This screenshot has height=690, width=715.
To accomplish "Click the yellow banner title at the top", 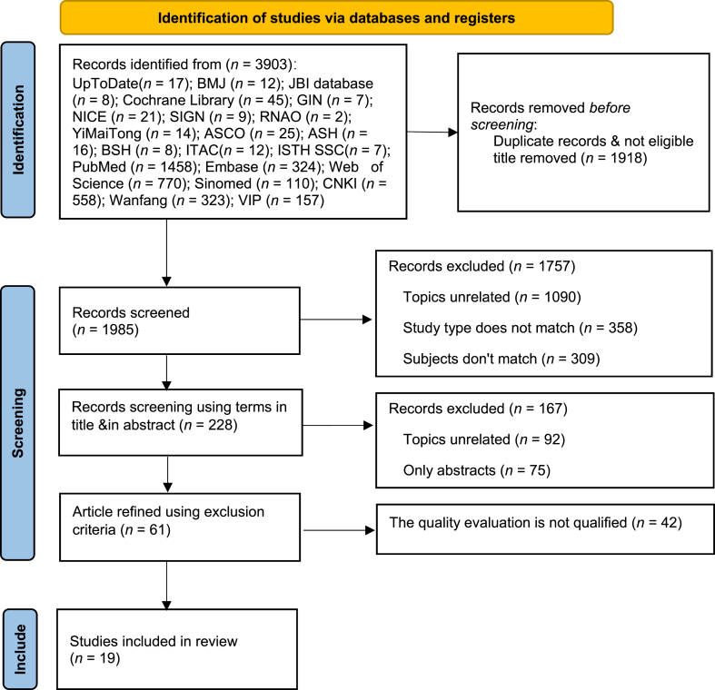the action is tap(336, 18).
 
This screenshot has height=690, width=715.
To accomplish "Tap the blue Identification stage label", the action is tap(18, 130).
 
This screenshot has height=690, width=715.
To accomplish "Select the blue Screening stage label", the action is tap(18, 423).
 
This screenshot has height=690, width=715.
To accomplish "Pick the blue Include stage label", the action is tap(20, 649).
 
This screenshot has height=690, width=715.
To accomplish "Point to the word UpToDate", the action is tap(105, 84).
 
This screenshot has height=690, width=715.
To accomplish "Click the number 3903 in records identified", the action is tap(273, 64).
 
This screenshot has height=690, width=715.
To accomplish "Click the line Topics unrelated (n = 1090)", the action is tap(492, 297).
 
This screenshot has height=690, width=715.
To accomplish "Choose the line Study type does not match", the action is tap(521, 328).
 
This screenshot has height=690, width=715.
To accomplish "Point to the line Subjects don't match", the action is tap(501, 360).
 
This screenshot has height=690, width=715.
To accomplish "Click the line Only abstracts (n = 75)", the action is tap(477, 470).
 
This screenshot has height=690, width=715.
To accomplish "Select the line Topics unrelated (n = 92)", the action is tap(484, 439).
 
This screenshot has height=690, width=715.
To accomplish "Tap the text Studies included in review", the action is tap(154, 641).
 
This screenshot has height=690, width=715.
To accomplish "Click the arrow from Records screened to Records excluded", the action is tap(336, 320).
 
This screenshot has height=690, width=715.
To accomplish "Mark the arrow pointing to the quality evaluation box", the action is tap(339, 530).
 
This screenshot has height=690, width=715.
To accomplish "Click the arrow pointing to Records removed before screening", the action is tap(432, 133).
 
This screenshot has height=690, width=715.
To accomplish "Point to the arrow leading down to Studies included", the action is tap(166, 586).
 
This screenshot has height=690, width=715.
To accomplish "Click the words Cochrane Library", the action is tap(179, 100).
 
